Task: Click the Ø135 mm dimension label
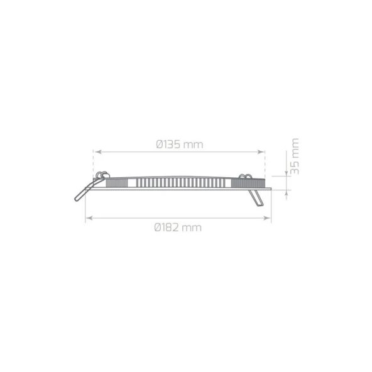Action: pyautogui.click(x=179, y=144)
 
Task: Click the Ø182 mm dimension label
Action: pyautogui.click(x=178, y=227)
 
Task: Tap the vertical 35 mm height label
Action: pyautogui.click(x=294, y=156)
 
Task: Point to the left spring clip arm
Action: pyautogui.click(x=82, y=190)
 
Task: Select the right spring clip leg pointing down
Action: pyautogui.click(x=254, y=197)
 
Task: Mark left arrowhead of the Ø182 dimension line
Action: pyautogui.click(x=88, y=217)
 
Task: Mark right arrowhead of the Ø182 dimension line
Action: pyautogui.click(x=268, y=217)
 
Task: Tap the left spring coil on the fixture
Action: pyautogui.click(x=102, y=173)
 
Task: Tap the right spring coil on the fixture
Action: pyautogui.click(x=246, y=177)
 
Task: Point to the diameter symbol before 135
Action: pyautogui.click(x=160, y=144)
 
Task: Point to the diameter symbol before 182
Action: pyautogui.click(x=158, y=227)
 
